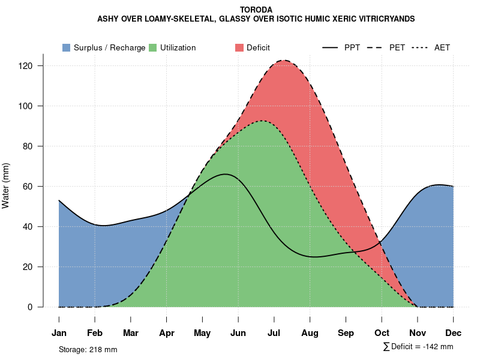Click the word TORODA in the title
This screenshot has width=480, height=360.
(x=256, y=10)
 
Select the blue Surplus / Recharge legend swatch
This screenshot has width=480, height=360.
(x=66, y=47)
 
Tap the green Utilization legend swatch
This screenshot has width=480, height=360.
(x=153, y=47)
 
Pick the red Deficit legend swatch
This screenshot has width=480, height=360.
(x=239, y=47)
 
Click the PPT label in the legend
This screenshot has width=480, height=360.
(x=352, y=47)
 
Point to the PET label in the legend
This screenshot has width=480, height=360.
(x=397, y=47)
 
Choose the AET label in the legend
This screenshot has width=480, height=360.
(x=442, y=47)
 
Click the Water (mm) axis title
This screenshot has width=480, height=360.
(x=6, y=186)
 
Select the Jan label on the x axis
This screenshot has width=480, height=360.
(x=59, y=333)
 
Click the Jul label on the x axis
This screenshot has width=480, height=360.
(x=274, y=333)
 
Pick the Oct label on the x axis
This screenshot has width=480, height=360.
(x=382, y=333)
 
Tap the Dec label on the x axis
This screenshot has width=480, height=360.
(x=454, y=333)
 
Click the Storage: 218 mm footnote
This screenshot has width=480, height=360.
(x=88, y=349)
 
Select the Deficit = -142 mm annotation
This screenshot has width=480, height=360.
(x=418, y=347)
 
